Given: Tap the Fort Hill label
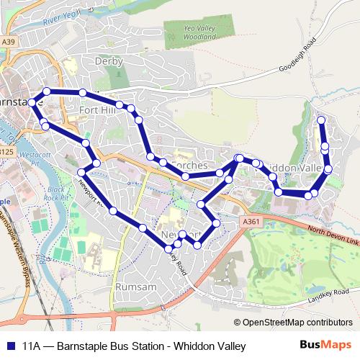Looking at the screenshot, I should [x=98, y=110].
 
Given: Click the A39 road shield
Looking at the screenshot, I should [x=8, y=42].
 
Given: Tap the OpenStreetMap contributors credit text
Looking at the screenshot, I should [x=293, y=323].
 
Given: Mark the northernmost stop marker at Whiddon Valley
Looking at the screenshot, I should [x=321, y=120].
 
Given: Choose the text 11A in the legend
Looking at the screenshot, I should [x=32, y=346].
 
